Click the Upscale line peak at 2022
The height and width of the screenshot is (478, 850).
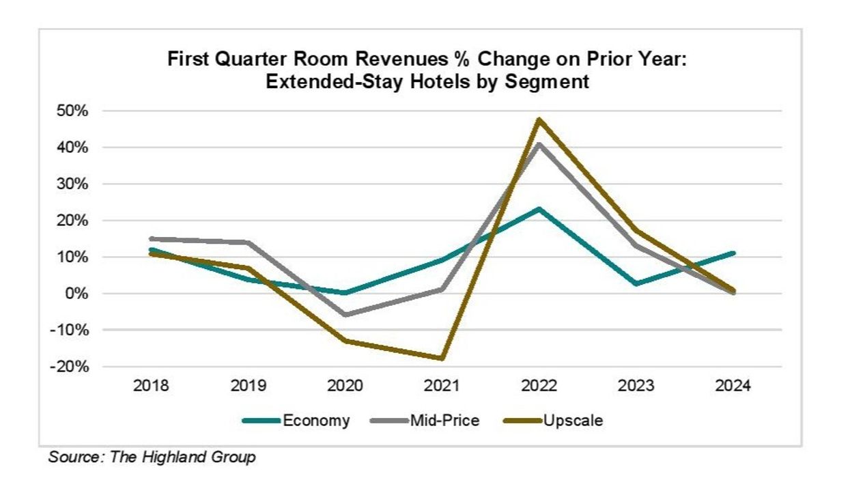tap(539, 120)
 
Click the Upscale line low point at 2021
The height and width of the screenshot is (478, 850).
tap(442, 358)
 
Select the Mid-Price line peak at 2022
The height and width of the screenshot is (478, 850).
tap(539, 144)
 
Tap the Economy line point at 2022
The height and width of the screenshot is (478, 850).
tap(539, 209)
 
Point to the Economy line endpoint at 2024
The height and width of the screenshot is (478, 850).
tap(733, 253)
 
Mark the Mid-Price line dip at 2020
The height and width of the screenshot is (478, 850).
tap(345, 315)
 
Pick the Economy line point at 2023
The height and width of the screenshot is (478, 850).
tap(636, 283)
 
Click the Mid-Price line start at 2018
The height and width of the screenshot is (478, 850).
tap(152, 239)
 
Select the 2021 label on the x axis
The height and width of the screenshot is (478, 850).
tap(442, 386)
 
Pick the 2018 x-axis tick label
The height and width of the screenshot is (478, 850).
tap(152, 386)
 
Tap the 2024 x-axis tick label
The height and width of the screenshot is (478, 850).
tap(733, 386)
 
